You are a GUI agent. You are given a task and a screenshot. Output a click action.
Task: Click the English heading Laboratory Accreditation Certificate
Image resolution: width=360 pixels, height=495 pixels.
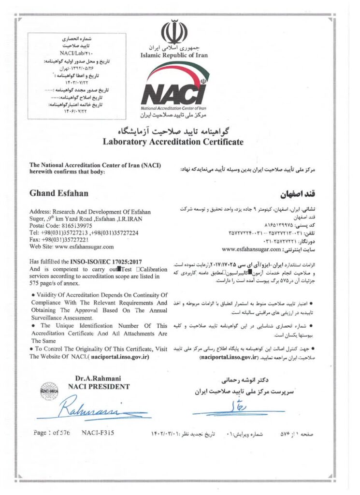(173, 142)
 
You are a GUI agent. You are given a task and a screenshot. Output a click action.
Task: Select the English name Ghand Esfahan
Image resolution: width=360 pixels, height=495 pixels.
(59, 193)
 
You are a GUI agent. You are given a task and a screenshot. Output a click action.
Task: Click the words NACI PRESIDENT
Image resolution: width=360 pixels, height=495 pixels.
(99, 386)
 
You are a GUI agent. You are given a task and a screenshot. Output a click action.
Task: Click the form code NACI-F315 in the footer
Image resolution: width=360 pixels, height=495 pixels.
(98, 433)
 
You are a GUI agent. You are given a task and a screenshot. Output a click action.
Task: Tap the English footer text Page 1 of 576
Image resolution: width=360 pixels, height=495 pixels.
(52, 433)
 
